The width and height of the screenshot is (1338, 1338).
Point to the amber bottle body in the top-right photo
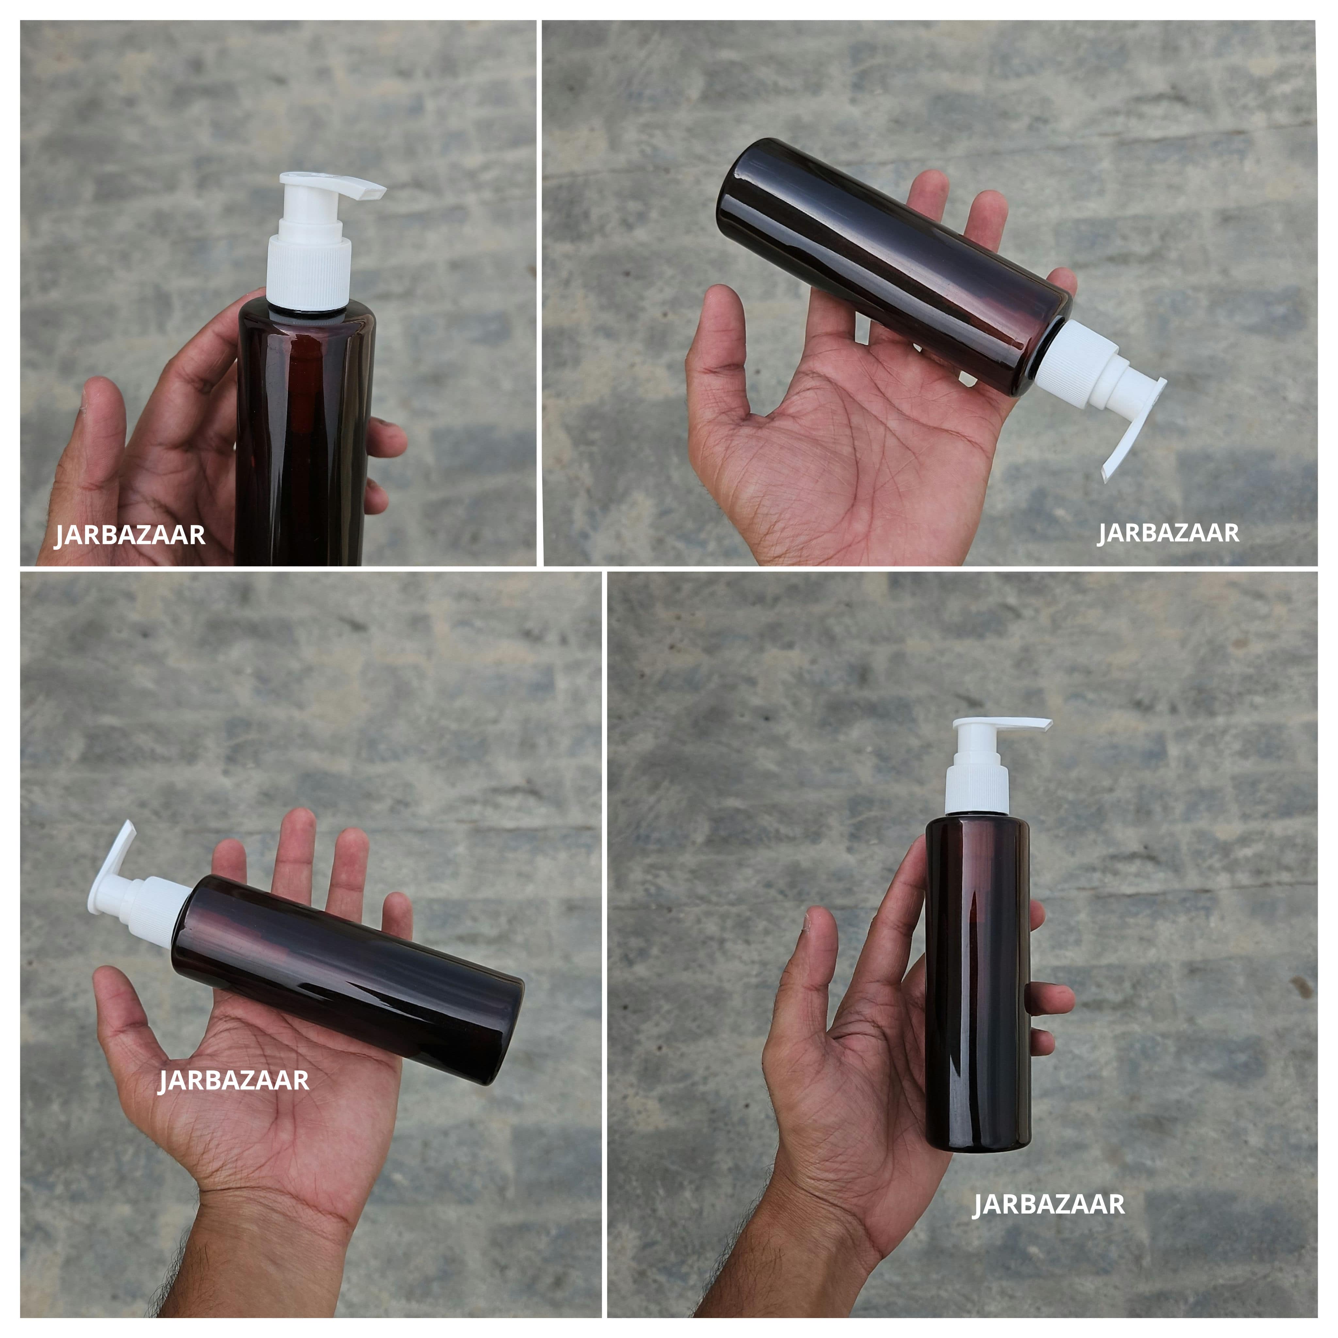click(x=893, y=267)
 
